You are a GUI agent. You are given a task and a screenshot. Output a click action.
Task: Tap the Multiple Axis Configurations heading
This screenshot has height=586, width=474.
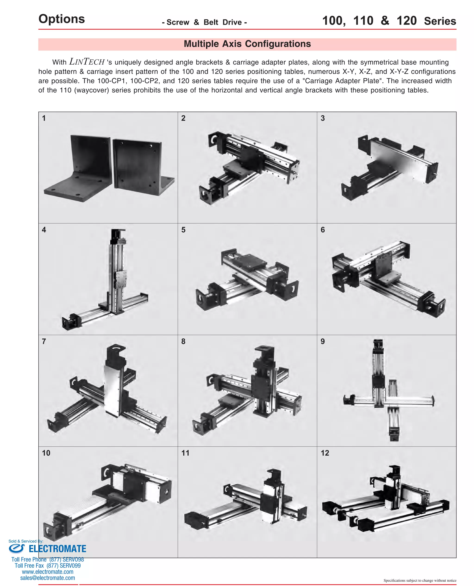pos(247,44)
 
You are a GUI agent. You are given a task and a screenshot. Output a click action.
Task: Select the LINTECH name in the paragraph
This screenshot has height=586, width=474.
pos(87,62)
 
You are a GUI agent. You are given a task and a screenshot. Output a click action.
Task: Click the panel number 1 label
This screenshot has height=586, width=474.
pos(44,118)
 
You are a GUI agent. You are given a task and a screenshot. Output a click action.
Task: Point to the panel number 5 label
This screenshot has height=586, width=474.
pos(183,230)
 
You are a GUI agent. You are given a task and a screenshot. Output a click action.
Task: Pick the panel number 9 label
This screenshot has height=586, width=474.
pos(322,341)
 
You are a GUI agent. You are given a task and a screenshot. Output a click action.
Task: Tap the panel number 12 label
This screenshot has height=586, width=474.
pos(325,453)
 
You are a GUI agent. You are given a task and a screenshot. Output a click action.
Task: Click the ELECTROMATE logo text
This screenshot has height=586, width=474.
pos(57,549)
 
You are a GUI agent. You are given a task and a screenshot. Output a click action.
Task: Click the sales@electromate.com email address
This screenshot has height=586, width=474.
pos(47,578)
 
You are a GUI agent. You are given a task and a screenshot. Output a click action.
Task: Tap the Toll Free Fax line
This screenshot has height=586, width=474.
pos(47,566)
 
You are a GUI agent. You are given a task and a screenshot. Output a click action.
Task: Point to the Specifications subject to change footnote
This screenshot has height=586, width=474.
pos(420,580)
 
